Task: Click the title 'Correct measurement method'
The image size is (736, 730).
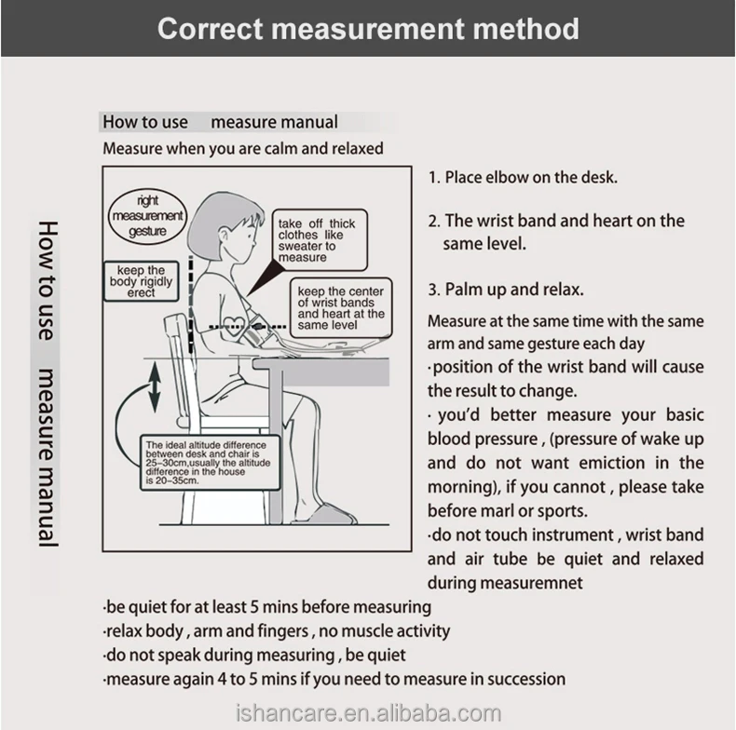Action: click(x=368, y=28)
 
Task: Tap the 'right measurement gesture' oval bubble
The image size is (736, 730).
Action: click(x=148, y=216)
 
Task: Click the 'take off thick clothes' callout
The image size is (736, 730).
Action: click(x=317, y=240)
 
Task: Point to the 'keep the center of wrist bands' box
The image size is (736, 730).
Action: click(x=340, y=308)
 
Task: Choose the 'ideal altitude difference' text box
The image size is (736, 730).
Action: click(x=211, y=463)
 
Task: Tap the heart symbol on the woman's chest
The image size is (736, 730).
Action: click(x=233, y=322)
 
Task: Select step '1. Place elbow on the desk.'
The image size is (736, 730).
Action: click(x=523, y=177)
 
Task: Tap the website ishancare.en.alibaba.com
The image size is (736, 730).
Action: click(x=367, y=714)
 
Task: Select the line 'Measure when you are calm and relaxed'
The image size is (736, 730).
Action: click(x=242, y=148)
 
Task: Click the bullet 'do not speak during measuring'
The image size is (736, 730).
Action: click(x=254, y=656)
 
